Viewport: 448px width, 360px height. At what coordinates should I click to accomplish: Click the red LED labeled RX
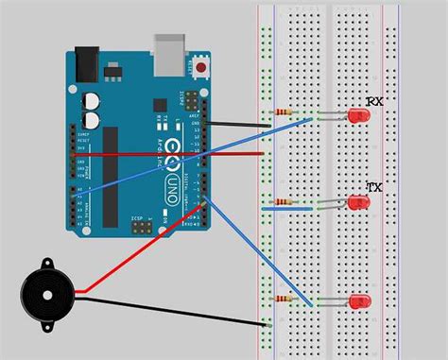(358, 116)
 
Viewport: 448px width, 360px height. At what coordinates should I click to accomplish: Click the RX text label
(375, 100)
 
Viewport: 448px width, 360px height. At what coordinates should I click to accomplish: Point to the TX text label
(374, 188)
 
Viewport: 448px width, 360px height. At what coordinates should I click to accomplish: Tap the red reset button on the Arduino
(200, 67)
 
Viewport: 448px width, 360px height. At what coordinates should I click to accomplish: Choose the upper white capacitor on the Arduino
(92, 99)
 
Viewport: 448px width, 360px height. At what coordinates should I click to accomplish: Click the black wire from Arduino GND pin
(236, 123)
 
